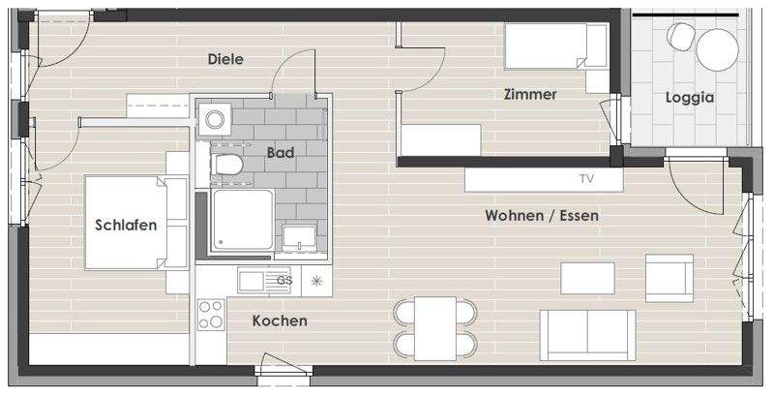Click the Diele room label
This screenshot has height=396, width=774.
tap(225, 59)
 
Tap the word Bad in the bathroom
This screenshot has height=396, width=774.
tap(281, 153)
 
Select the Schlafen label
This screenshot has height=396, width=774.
tap(126, 225)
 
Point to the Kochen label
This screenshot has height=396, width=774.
tap(280, 320)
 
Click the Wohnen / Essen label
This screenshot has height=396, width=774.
tap(542, 215)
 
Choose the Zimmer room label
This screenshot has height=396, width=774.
tap(529, 95)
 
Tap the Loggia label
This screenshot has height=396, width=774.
tap(689, 97)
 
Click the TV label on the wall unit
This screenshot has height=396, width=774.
tap(586, 179)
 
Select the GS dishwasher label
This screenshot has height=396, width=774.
tap(284, 281)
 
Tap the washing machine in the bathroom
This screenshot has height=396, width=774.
tap(214, 119)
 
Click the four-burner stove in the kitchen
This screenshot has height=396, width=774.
tap(211, 314)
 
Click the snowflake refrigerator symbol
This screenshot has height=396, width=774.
tap(315, 281)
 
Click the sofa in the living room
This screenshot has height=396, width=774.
tap(587, 333)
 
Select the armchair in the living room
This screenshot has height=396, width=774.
tap(670, 278)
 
